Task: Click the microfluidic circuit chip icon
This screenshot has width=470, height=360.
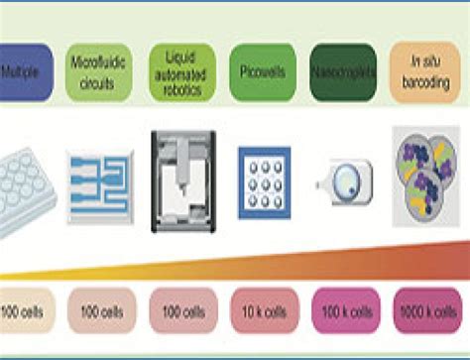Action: (100, 177)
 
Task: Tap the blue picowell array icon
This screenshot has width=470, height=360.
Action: (264, 177)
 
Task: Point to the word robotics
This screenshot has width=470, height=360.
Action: (179, 89)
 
